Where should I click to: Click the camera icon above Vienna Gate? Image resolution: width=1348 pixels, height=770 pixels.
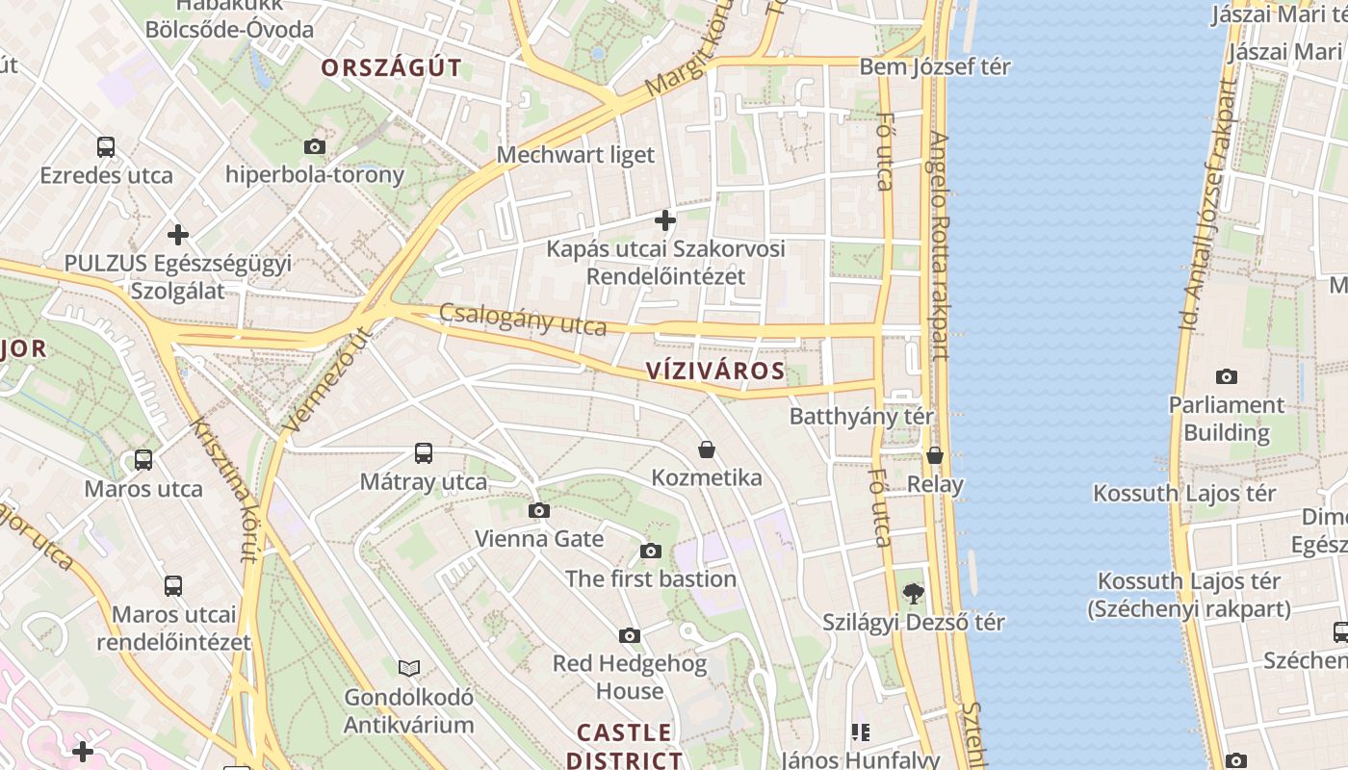pyautogui.click(x=539, y=510)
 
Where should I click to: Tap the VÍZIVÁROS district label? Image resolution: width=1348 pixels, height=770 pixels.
pyautogui.click(x=715, y=371)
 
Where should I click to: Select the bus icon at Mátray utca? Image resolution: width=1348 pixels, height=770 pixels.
pyautogui.click(x=423, y=452)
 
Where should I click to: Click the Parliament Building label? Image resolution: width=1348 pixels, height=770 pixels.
pyautogui.click(x=1226, y=418)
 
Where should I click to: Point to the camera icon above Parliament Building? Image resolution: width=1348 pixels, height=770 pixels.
pyautogui.click(x=1226, y=376)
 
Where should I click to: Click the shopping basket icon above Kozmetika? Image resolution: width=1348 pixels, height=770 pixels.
pyautogui.click(x=707, y=449)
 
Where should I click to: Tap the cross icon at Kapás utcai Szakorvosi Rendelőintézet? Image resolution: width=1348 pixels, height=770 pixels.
pyautogui.click(x=664, y=220)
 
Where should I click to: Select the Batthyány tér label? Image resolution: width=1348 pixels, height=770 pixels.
pyautogui.click(x=861, y=417)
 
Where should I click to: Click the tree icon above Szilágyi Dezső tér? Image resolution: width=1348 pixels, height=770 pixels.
pyautogui.click(x=913, y=594)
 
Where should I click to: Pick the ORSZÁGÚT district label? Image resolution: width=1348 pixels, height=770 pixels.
pyautogui.click(x=391, y=67)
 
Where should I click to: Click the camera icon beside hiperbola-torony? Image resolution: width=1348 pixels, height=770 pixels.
pyautogui.click(x=314, y=147)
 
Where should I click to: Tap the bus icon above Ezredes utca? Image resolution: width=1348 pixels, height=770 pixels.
pyautogui.click(x=106, y=147)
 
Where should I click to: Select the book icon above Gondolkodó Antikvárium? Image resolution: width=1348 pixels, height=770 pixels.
pyautogui.click(x=409, y=668)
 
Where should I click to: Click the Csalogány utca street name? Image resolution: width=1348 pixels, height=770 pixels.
pyautogui.click(x=523, y=321)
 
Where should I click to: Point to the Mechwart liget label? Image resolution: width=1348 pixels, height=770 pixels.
pyautogui.click(x=575, y=154)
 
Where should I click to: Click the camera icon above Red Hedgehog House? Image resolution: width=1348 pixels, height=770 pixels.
pyautogui.click(x=630, y=635)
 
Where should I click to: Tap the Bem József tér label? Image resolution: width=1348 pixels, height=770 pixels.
pyautogui.click(x=934, y=66)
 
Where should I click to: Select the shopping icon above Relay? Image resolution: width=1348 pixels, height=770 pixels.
pyautogui.click(x=935, y=455)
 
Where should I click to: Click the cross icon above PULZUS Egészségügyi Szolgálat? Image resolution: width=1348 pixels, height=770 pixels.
pyautogui.click(x=177, y=234)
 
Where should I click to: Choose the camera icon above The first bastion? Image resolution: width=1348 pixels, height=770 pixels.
pyautogui.click(x=651, y=551)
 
